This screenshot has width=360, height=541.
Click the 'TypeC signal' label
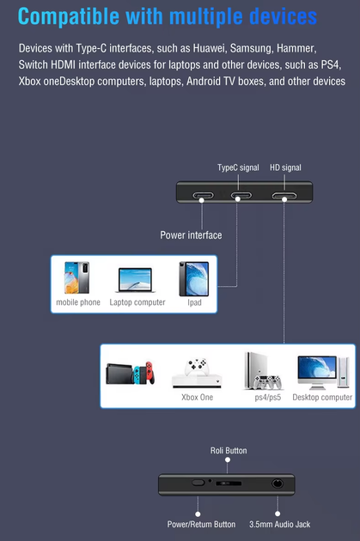(x=238, y=167)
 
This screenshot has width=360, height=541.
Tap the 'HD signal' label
(x=285, y=167)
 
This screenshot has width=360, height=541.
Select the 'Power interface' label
(x=191, y=235)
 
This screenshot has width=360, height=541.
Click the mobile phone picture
(x=76, y=277)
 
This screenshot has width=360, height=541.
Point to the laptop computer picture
(x=135, y=280)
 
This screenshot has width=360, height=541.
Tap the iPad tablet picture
(x=193, y=279)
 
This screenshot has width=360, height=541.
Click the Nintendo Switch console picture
(x=130, y=373)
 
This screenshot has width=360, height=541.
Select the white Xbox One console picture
(x=197, y=373)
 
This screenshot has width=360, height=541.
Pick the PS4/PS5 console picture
(x=263, y=371)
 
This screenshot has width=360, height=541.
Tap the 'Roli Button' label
(x=229, y=451)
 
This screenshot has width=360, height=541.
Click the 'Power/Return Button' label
(x=201, y=525)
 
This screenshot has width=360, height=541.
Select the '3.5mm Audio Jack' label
(x=279, y=525)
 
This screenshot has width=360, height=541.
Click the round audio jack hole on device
(x=278, y=483)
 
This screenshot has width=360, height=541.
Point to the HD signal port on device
(x=284, y=196)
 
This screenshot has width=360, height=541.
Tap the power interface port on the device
(x=203, y=196)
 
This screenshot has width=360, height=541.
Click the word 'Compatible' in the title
(x=69, y=16)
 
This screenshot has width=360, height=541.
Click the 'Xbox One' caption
(x=197, y=397)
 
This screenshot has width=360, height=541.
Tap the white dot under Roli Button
(x=228, y=459)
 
